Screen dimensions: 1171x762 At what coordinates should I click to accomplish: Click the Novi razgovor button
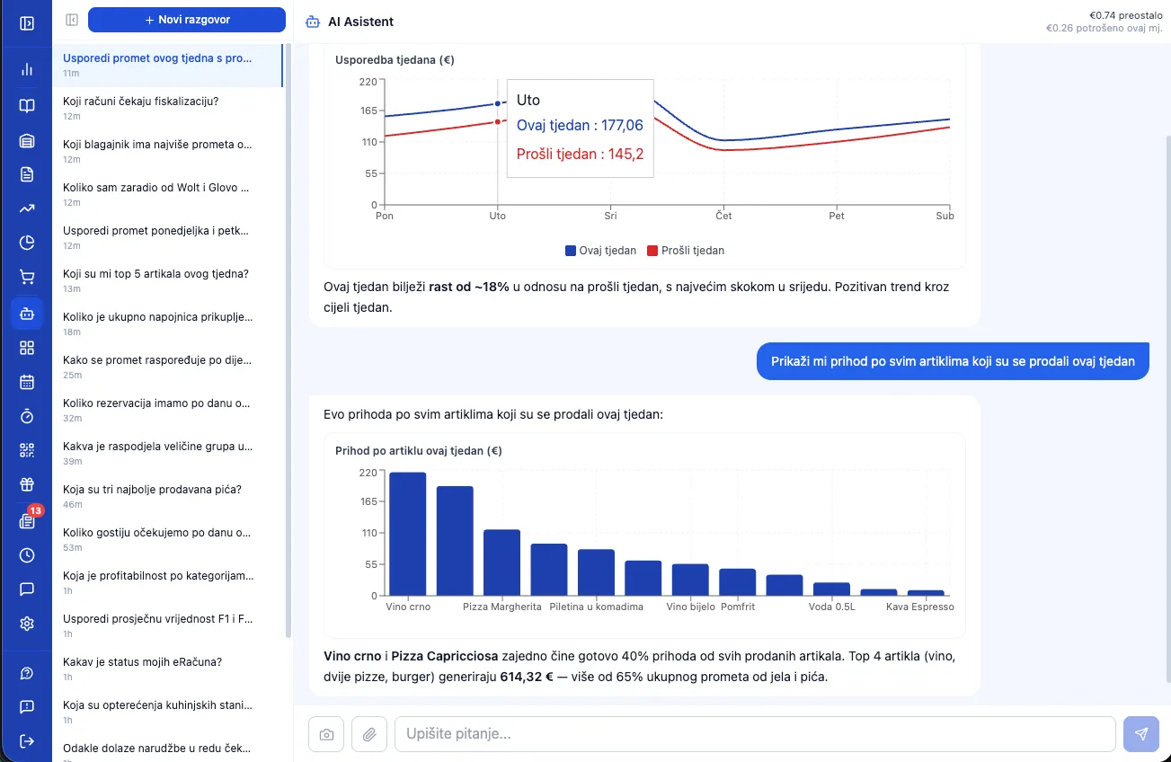coord(187,20)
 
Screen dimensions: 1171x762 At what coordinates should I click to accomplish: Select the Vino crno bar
coord(408,534)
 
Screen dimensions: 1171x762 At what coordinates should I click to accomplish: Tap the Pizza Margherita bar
coord(501,563)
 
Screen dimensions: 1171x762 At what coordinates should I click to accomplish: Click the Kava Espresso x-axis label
coord(919,607)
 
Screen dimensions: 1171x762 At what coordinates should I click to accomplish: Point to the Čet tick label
coord(723,216)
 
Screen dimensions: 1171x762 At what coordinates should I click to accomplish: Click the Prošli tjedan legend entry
coord(686,251)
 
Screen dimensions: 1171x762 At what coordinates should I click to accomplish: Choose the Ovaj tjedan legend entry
coord(600,251)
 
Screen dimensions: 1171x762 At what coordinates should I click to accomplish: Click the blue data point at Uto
coord(498,103)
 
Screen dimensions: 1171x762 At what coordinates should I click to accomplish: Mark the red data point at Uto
coord(498,122)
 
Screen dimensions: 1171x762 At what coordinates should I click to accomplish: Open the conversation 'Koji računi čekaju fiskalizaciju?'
coord(140,102)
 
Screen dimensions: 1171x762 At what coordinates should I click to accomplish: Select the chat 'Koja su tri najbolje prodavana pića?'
coord(152,490)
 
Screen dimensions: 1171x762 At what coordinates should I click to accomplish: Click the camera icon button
coord(326,734)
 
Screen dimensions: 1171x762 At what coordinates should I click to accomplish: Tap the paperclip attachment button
coord(369,734)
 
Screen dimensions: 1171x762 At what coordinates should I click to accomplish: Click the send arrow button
coord(1141,734)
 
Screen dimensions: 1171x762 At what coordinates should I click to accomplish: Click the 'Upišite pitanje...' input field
coord(755,734)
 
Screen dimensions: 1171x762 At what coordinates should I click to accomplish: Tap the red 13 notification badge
coord(36,510)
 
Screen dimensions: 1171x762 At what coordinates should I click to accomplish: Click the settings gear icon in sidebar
coord(27,624)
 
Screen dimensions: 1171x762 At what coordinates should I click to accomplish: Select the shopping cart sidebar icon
coord(27,277)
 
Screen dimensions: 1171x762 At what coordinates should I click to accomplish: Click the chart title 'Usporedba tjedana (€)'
coord(395,60)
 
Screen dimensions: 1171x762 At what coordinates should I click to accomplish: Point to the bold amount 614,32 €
coord(527,677)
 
